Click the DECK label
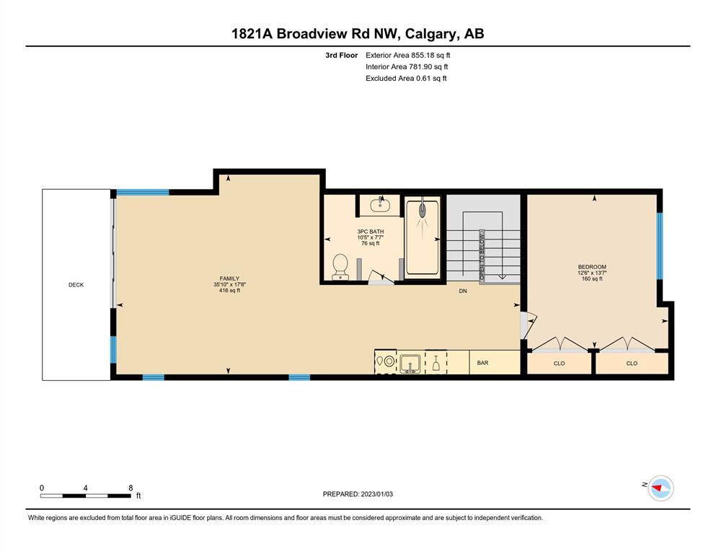click(76, 284)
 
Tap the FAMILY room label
click(229, 278)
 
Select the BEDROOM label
click(592, 267)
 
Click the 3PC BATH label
click(371, 232)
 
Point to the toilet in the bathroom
click(340, 267)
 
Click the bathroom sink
click(379, 206)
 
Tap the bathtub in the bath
click(423, 237)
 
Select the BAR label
click(482, 363)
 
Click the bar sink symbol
click(410, 364)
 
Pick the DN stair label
click(463, 291)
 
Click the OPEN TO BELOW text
click(482, 256)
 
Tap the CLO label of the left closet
click(560, 364)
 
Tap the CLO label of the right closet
click(632, 364)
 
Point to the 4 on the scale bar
click(85, 488)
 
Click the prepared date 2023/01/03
click(376, 494)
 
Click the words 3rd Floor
click(342, 56)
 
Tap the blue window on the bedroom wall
click(659, 246)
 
